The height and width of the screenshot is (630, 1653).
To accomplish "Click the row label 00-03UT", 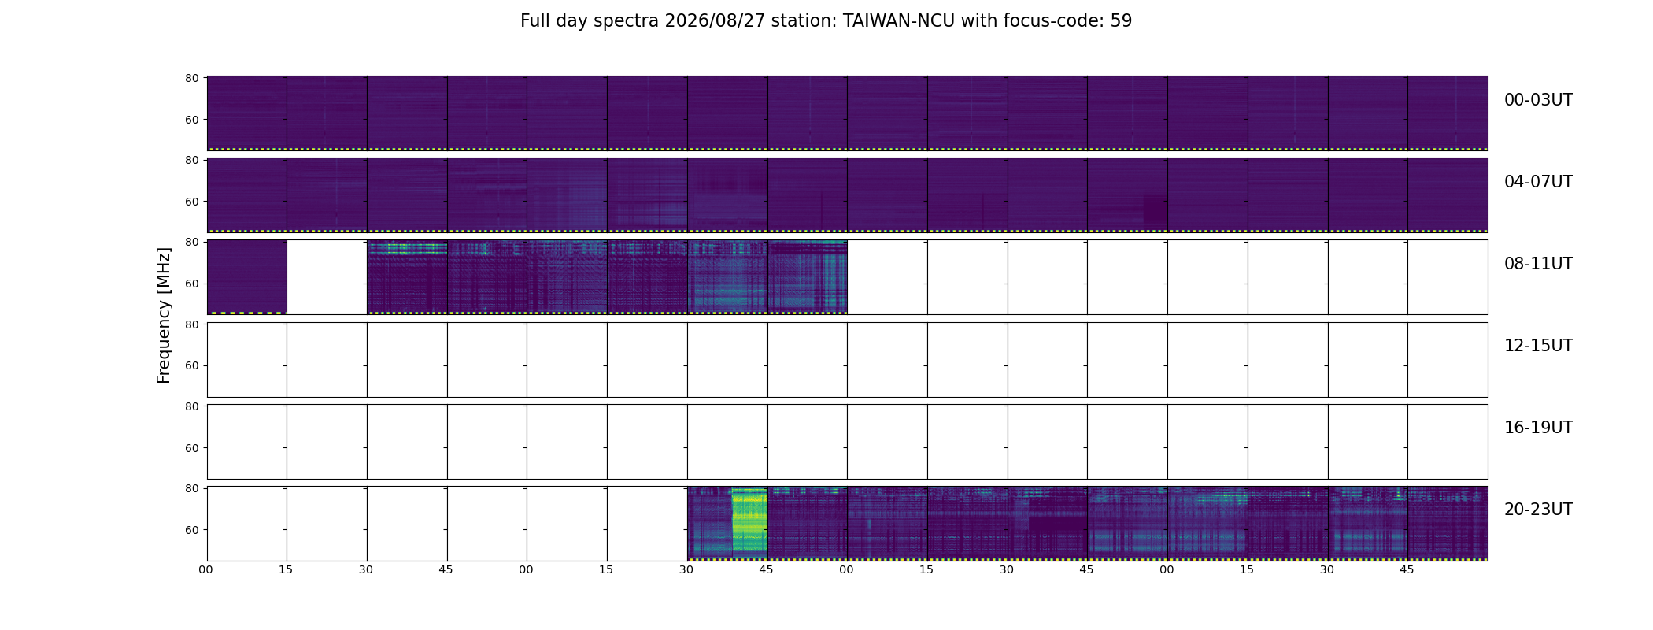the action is coord(1538,100).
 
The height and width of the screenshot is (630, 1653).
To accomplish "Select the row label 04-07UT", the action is coord(1538,182).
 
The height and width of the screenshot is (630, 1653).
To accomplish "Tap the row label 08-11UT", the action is coord(1538,264).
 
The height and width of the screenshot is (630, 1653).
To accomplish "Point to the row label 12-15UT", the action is coord(1538,346).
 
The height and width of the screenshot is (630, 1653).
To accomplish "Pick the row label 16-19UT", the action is coord(1538,428).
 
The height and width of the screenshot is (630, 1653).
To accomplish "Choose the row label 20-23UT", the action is coord(1538,510).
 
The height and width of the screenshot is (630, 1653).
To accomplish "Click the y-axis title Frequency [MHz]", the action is coord(164,315).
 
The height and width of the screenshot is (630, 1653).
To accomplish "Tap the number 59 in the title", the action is coord(1122,21).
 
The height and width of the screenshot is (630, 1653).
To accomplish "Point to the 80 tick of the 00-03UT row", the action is coord(191,78).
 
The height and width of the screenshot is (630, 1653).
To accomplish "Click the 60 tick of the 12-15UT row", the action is coord(191,365).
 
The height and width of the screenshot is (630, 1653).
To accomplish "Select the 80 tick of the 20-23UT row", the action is coord(191,488).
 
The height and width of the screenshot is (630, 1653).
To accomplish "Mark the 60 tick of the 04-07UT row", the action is coord(191,202).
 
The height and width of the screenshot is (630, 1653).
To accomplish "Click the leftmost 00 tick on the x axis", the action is coord(205,569).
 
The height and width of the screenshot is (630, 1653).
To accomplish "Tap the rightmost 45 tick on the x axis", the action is coord(1407,569).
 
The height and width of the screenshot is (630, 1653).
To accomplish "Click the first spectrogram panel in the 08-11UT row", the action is coord(247,277).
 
